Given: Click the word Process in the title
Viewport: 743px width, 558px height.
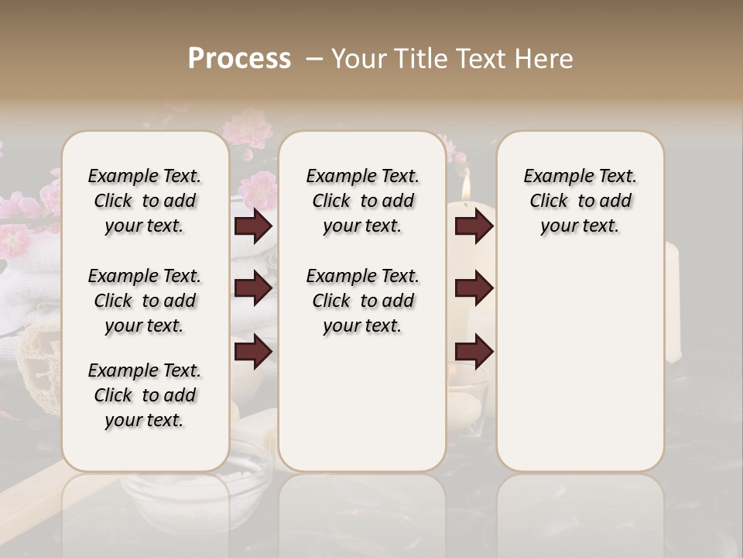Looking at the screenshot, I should tap(239, 59).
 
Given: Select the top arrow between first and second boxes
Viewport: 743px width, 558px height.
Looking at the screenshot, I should tap(253, 226).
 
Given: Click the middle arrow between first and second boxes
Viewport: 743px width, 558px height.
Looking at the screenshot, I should tap(253, 288).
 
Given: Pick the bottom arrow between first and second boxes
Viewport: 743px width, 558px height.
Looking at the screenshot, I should tap(253, 351).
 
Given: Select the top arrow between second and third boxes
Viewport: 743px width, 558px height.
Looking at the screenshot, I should tap(474, 226).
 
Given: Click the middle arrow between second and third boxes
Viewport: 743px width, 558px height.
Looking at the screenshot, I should tap(474, 288).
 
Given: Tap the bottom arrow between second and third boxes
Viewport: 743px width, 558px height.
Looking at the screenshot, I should tap(474, 351).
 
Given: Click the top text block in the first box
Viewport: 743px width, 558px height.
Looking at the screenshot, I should tap(144, 201).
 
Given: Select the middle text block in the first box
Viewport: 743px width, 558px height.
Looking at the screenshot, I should tap(144, 301).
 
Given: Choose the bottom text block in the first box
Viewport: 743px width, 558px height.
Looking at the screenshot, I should tap(144, 395).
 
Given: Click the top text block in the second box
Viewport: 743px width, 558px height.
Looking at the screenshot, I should tap(362, 201).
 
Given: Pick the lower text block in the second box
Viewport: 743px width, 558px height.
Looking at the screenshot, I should tap(362, 301).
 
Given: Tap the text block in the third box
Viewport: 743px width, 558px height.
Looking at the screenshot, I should tap(580, 201).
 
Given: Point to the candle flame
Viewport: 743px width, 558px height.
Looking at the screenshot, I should tap(466, 187).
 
